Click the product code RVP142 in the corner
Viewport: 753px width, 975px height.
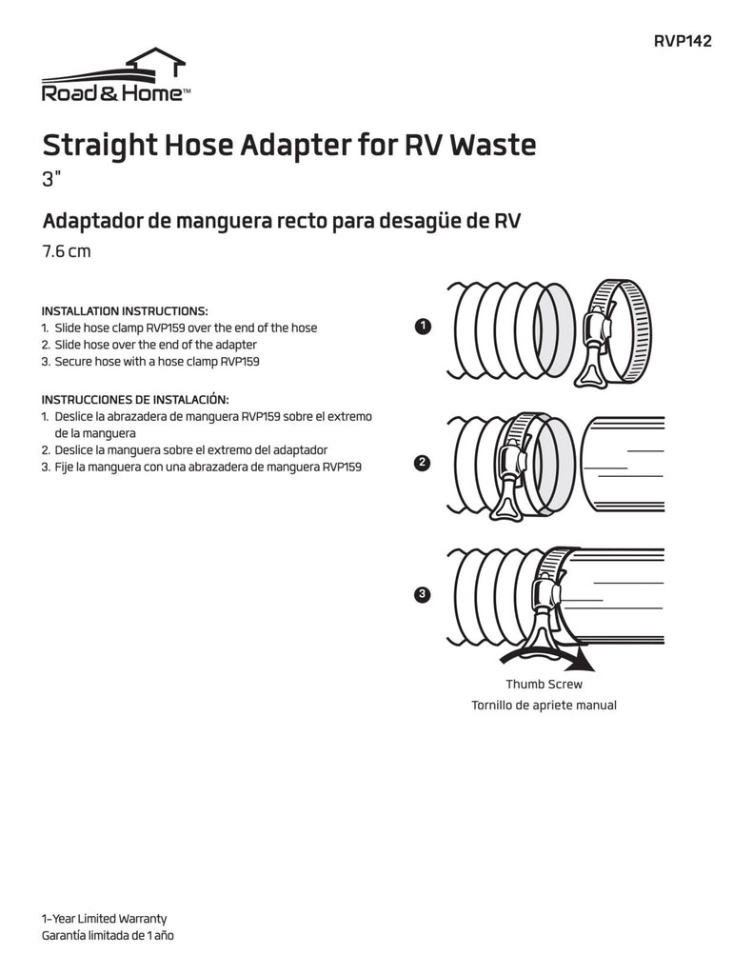point(683,41)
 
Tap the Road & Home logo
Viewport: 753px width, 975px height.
point(114,77)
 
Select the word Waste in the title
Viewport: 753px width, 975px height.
point(492,146)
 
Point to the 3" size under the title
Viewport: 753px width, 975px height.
point(52,180)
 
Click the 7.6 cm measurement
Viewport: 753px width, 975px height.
point(67,252)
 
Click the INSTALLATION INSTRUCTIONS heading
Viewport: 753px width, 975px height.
point(125,311)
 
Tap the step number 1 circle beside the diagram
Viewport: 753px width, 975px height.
point(424,328)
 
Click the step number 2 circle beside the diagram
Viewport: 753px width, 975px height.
point(424,464)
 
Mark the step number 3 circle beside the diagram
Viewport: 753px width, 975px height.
point(424,595)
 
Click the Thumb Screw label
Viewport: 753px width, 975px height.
point(544,684)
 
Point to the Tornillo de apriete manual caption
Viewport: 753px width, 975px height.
point(544,706)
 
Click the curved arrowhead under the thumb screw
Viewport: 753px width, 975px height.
point(584,664)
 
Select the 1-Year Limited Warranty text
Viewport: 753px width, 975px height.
point(104,919)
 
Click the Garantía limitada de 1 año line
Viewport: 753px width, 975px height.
point(108,936)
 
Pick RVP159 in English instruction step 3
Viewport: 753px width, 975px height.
point(241,362)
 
